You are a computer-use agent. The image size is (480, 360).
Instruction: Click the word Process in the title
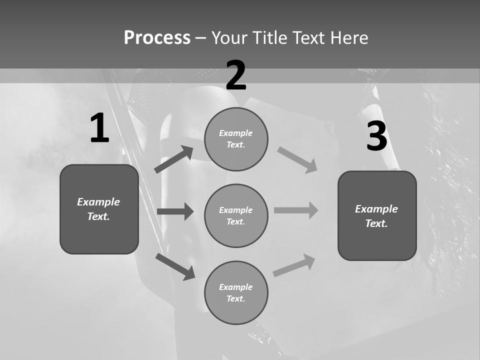pyautogui.click(x=157, y=38)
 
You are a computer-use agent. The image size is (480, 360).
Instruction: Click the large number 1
pyautogui.click(x=99, y=128)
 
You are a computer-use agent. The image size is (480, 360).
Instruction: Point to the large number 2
pyautogui.click(x=236, y=75)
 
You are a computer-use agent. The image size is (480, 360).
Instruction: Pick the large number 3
pyautogui.click(x=376, y=136)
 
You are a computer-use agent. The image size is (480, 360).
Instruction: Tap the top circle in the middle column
pyautogui.click(x=236, y=139)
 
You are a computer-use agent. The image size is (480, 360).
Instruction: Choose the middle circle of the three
pyautogui.click(x=236, y=216)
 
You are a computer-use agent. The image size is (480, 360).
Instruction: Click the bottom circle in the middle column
pyautogui.click(x=236, y=293)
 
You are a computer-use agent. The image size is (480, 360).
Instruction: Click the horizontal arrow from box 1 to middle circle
pyautogui.click(x=175, y=211)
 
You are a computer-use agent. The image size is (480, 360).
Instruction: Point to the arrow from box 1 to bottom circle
pyautogui.click(x=175, y=266)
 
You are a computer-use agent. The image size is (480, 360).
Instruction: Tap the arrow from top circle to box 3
pyautogui.click(x=297, y=160)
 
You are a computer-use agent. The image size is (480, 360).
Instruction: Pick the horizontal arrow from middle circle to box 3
pyautogui.click(x=296, y=210)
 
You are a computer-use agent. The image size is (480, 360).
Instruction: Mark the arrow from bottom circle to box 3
pyautogui.click(x=294, y=265)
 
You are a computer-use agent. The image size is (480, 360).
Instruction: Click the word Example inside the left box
pyautogui.click(x=98, y=202)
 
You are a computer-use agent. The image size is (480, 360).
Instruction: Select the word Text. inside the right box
pyautogui.click(x=376, y=223)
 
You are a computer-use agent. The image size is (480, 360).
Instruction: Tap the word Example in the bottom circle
pyautogui.click(x=236, y=287)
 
